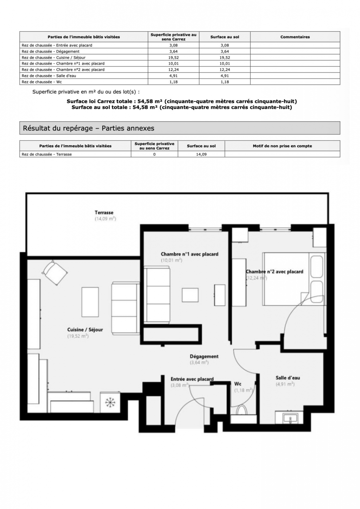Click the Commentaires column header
point(295,37)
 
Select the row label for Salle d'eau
point(49,76)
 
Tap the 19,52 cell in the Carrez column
point(174,58)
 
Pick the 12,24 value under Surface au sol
point(225,70)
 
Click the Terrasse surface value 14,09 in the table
point(201,154)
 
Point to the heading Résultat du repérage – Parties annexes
point(89,128)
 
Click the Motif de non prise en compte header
point(282,146)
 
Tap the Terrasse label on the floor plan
point(104,213)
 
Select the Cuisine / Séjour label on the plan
point(85,330)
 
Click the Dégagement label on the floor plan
point(204,357)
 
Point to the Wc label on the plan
point(238,384)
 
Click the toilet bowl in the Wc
point(241,410)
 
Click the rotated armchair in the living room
point(55,273)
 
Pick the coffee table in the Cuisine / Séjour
point(90,302)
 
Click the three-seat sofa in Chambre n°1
point(157,295)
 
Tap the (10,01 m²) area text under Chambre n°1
point(172,260)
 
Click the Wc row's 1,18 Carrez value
point(174,82)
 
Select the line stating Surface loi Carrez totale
point(182,101)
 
